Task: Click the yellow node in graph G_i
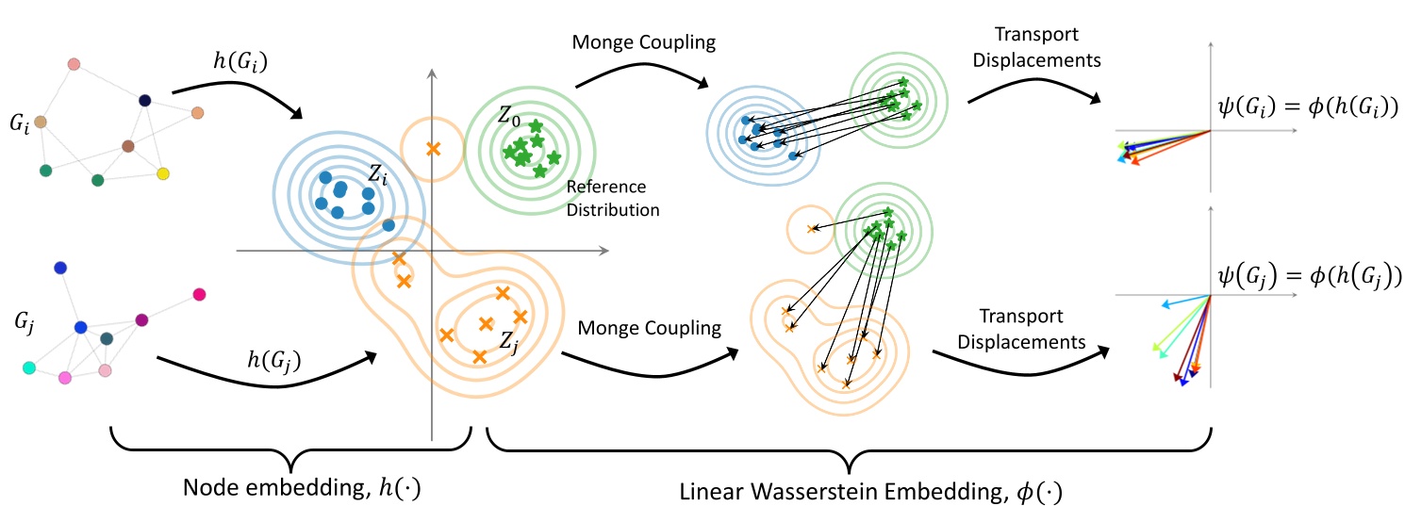pyautogui.click(x=163, y=174)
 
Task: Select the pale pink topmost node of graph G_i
pyautogui.click(x=74, y=64)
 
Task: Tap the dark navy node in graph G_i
pyautogui.click(x=145, y=100)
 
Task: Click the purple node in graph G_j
pyautogui.click(x=141, y=320)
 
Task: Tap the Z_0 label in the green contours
pyautogui.click(x=508, y=120)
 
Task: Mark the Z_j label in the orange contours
pyautogui.click(x=509, y=341)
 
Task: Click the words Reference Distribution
pyautogui.click(x=613, y=198)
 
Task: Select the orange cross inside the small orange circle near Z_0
pyautogui.click(x=433, y=148)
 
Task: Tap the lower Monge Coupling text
pyautogui.click(x=650, y=328)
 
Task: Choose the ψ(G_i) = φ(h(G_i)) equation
pyautogui.click(x=1305, y=106)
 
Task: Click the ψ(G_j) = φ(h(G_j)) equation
pyautogui.click(x=1306, y=276)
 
